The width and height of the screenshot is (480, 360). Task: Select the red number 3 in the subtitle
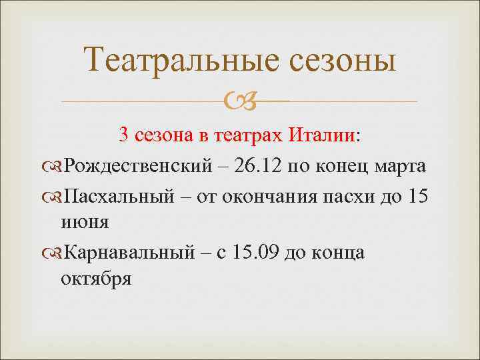[124, 135]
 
